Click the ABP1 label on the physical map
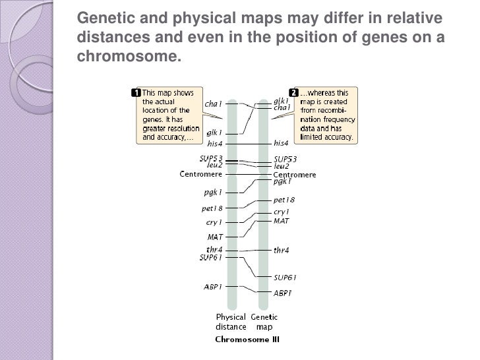click(x=212, y=287)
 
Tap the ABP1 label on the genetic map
click(x=283, y=293)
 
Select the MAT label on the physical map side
click(x=215, y=236)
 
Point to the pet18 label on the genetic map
click(x=284, y=200)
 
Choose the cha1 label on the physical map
click(x=214, y=104)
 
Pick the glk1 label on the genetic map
click(x=282, y=101)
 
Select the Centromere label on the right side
click(x=295, y=175)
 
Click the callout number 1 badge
click(x=136, y=92)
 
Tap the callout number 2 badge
click(x=294, y=92)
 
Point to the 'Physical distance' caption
click(x=230, y=322)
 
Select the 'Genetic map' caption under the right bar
click(x=264, y=322)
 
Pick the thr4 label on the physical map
click(x=214, y=250)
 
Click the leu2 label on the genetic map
click(x=282, y=167)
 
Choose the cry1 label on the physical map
click(x=214, y=222)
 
